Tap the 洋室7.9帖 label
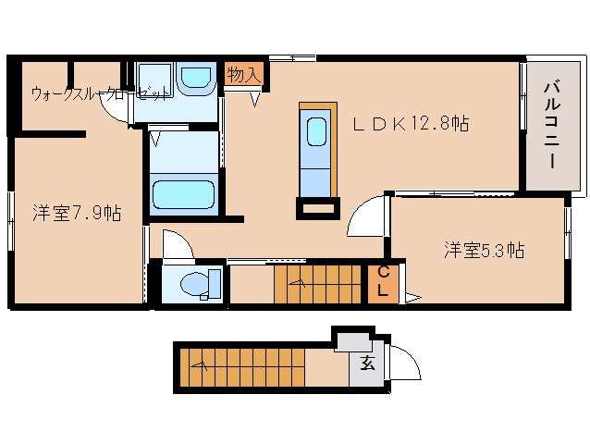77,214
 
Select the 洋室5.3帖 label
484,249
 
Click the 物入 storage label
243,75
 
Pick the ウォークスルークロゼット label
100,93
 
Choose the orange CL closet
383,282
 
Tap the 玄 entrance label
368,363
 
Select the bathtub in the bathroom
183,194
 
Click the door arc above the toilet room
177,245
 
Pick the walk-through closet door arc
116,110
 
